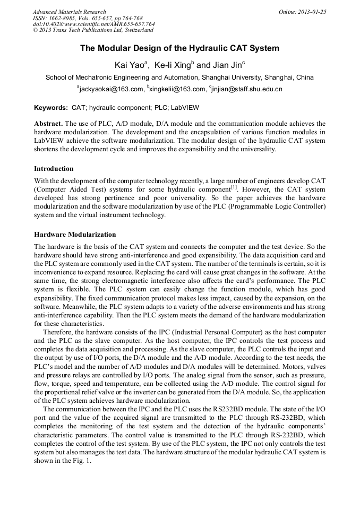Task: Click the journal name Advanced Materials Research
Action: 69,12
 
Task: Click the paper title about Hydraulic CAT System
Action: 179,48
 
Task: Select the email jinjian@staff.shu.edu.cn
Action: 247,89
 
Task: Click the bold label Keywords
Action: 51,108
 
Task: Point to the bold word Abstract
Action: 48,123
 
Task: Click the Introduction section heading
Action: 54,169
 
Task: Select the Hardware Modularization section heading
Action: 75,234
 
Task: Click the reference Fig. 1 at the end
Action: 82,461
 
